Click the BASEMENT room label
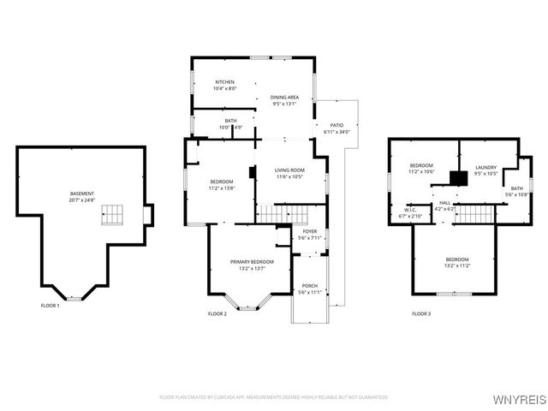click(82, 194)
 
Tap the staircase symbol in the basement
click(113, 216)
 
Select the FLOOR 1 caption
click(51, 306)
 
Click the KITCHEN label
click(224, 82)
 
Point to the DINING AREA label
click(284, 98)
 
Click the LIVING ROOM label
click(289, 170)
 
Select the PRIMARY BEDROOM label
click(252, 261)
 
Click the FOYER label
click(309, 231)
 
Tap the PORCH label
click(309, 286)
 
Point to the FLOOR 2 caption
click(217, 314)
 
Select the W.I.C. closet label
click(410, 209)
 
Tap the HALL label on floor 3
click(445, 203)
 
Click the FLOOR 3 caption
click(421, 314)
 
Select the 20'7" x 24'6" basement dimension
click(82, 200)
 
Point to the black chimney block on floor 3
click(460, 179)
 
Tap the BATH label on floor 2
click(231, 121)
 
